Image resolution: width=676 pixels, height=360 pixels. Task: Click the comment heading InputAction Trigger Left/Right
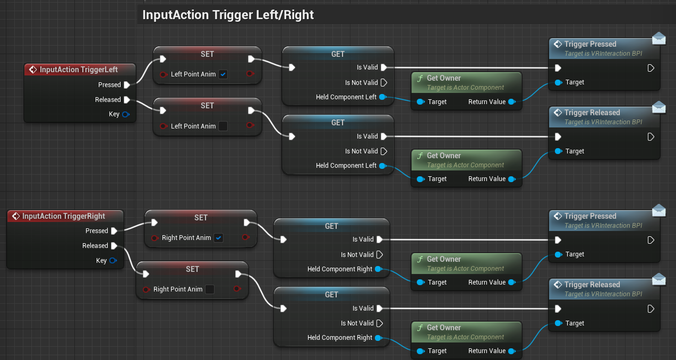click(x=228, y=15)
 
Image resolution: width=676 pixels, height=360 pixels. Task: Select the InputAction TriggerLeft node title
click(x=79, y=70)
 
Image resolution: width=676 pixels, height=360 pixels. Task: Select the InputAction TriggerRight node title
click(x=64, y=216)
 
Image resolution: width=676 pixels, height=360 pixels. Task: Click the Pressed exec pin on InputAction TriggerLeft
click(x=127, y=85)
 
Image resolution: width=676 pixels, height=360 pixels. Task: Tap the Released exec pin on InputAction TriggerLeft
click(x=127, y=100)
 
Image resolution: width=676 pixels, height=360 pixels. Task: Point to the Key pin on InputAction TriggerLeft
click(x=126, y=114)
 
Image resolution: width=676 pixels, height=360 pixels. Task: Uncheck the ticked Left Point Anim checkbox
click(x=223, y=74)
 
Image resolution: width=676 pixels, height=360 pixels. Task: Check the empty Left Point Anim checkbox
click(x=223, y=126)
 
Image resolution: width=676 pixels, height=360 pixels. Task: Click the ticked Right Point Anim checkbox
click(x=218, y=238)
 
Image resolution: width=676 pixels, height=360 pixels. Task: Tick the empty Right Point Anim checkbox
click(x=210, y=289)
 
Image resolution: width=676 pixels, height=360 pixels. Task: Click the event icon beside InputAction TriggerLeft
click(x=33, y=70)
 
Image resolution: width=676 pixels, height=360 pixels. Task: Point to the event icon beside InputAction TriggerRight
click(x=15, y=216)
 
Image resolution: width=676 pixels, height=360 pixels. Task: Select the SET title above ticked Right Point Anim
click(x=201, y=218)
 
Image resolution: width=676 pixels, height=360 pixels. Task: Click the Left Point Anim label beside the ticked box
click(x=193, y=74)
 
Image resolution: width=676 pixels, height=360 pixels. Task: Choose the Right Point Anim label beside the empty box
click(x=178, y=289)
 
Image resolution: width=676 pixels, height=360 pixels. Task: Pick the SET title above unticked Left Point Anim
click(x=207, y=106)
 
